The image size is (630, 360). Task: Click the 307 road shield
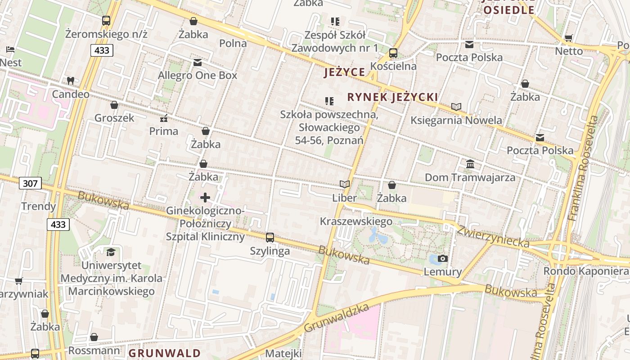coord(31,183)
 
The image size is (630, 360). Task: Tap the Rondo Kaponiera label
coord(585,271)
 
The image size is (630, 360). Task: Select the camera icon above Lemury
coord(443,258)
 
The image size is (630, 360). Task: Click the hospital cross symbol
coord(205,198)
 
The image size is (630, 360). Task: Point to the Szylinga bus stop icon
coord(270,237)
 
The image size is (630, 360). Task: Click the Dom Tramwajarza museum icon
coord(470,164)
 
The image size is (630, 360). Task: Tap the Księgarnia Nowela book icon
coord(456,107)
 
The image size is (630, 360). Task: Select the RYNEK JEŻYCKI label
coord(392,97)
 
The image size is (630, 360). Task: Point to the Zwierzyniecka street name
coord(493,236)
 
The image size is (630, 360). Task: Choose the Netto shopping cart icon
coord(569,38)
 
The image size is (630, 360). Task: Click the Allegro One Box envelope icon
coord(198,63)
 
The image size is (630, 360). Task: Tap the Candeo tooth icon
coord(70,81)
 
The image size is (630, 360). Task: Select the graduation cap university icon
coord(111,252)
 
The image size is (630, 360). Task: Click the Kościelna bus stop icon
coord(393,53)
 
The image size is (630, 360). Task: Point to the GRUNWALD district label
coord(165,353)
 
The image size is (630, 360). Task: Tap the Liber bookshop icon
coord(345,184)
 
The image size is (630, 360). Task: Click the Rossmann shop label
coord(94,351)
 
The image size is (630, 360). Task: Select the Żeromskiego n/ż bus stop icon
coord(106,20)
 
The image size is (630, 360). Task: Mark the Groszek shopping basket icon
coord(114,105)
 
